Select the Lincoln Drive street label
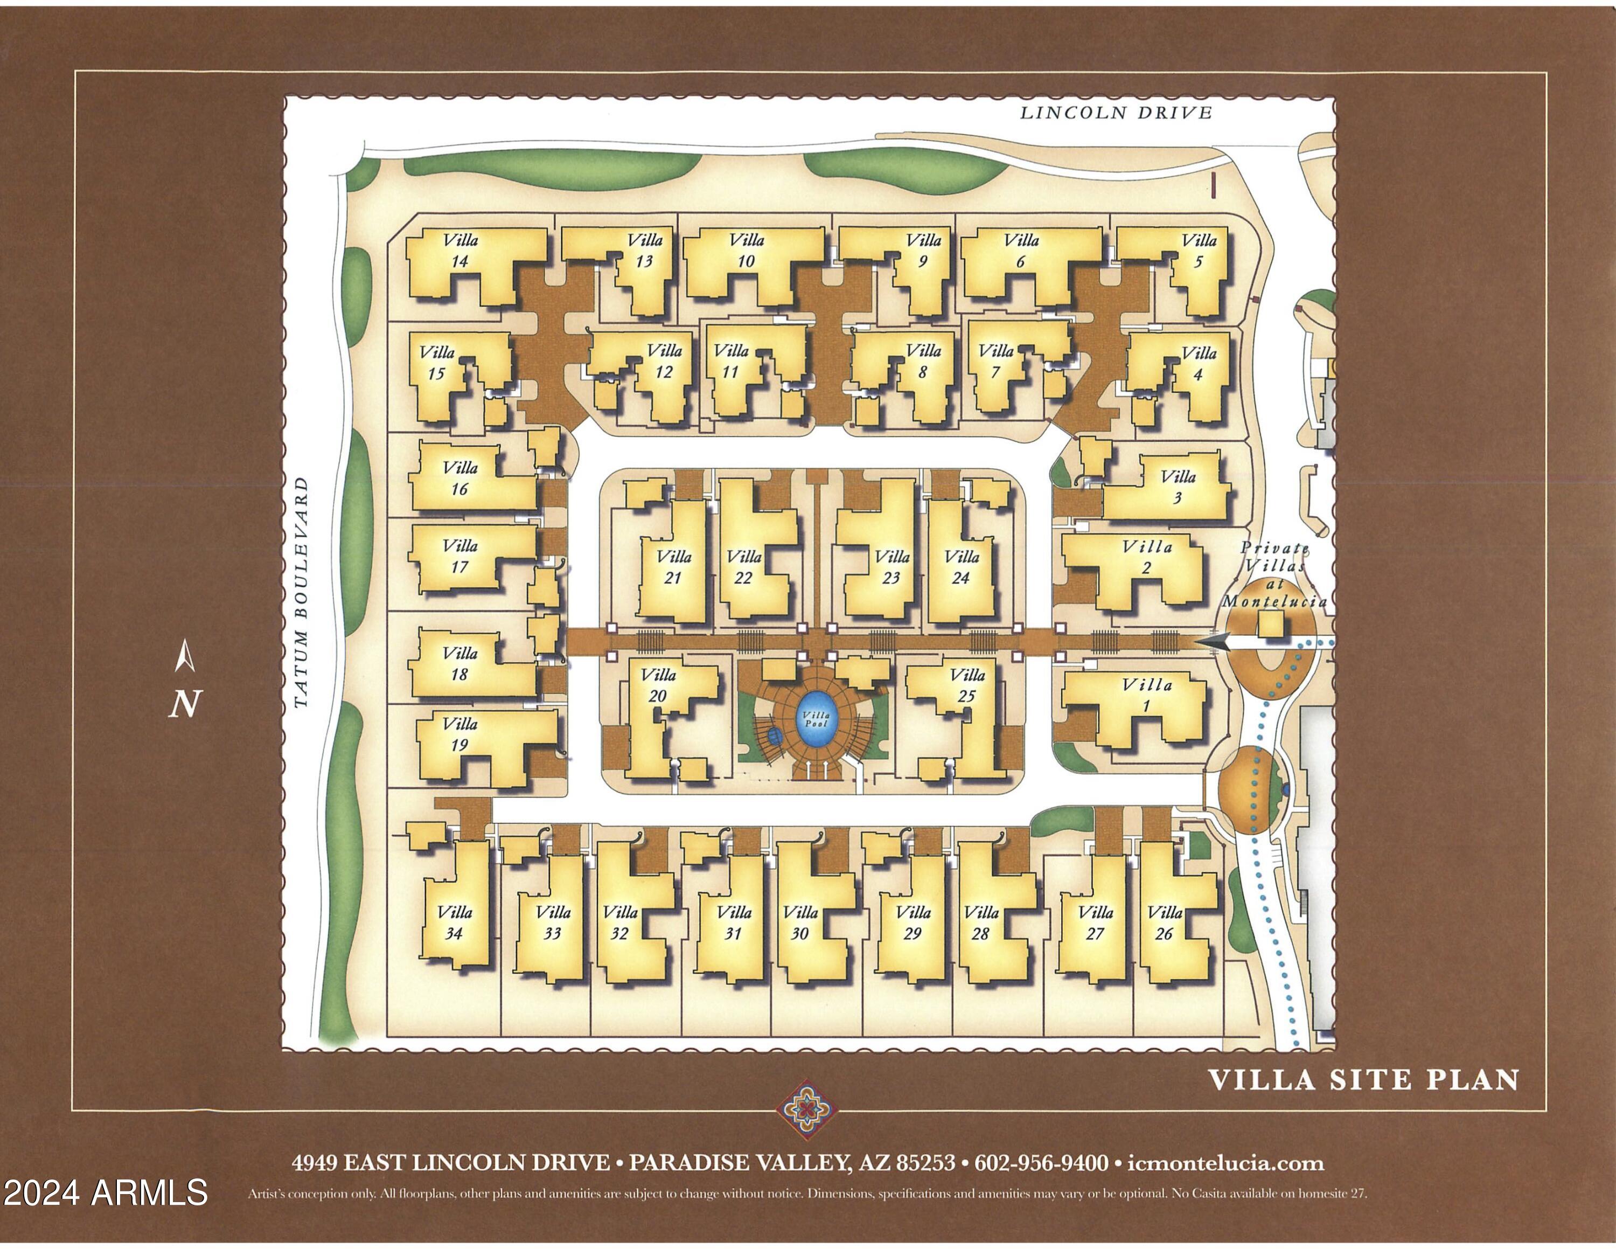[1116, 113]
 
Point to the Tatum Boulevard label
[301, 593]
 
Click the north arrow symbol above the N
[185, 656]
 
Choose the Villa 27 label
[1096, 922]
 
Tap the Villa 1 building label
[1147, 695]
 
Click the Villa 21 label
[673, 567]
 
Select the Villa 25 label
[967, 685]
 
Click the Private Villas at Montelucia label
[1274, 575]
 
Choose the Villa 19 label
[460, 734]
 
